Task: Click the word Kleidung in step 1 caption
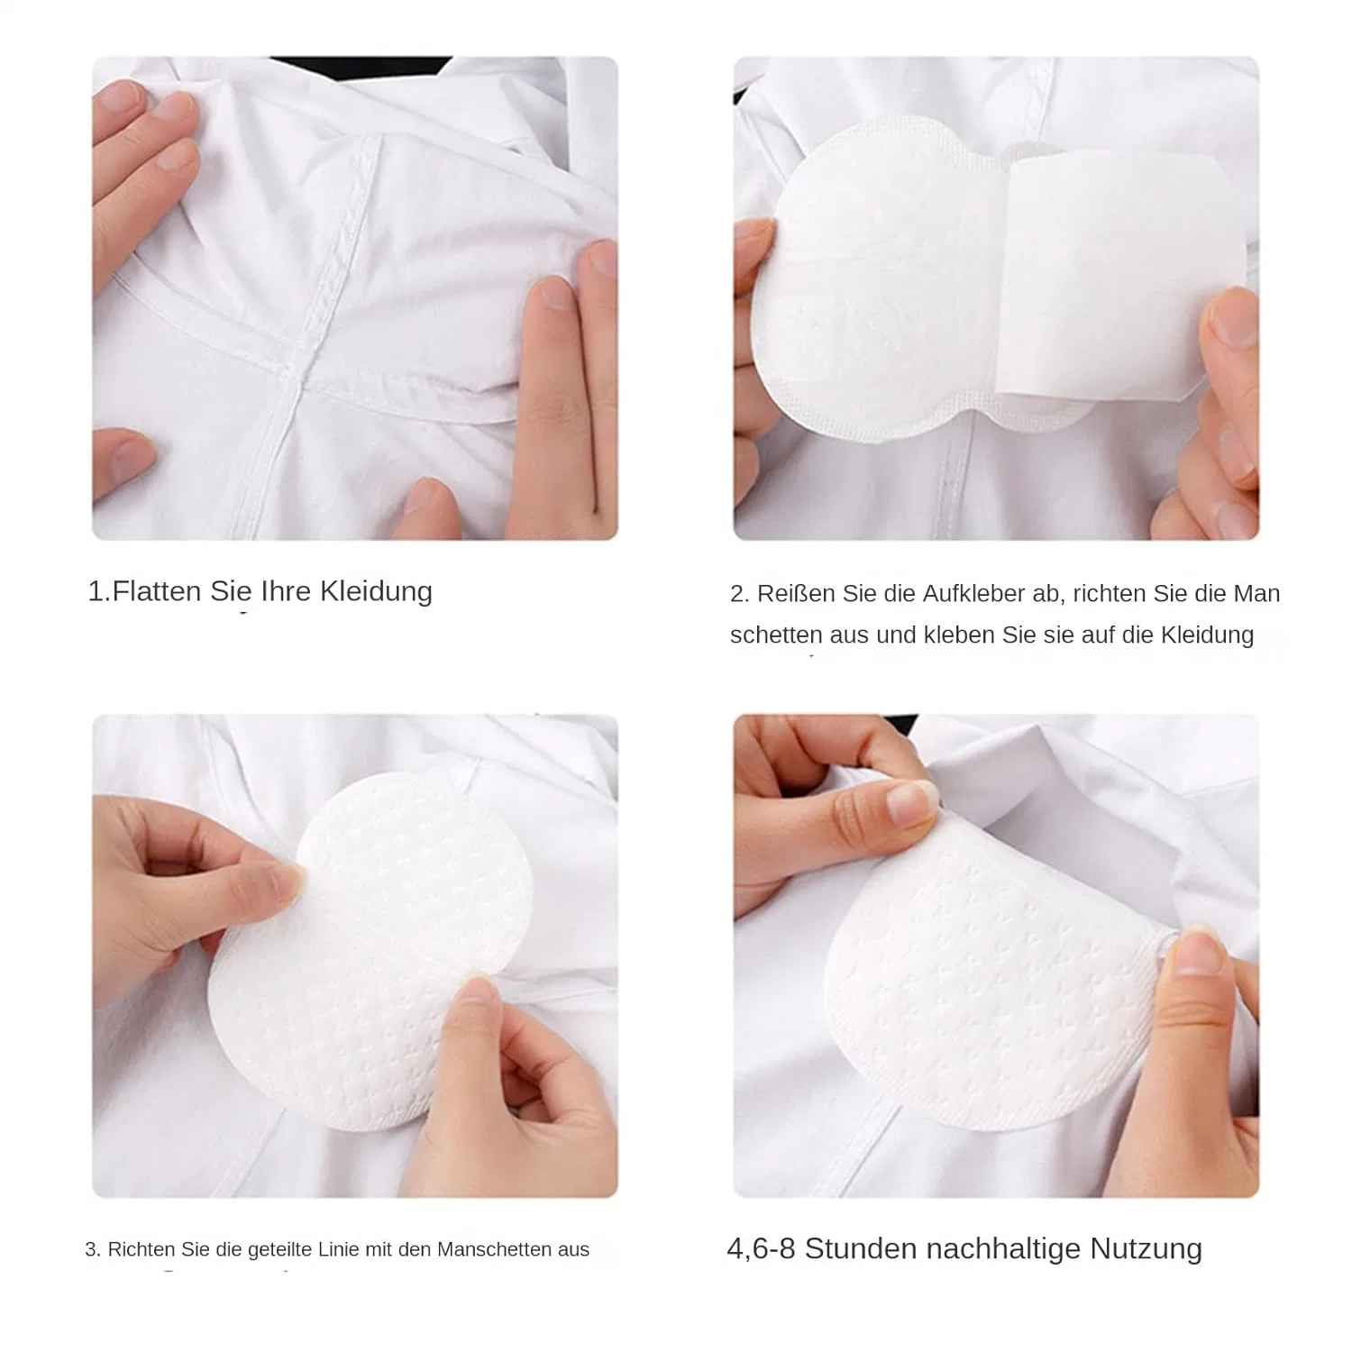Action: [377, 592]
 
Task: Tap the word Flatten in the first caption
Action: [158, 591]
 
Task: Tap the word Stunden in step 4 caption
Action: [861, 1249]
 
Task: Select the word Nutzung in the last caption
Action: [1146, 1250]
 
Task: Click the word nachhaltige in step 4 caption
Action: [1003, 1250]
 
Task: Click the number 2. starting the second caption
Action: [739, 594]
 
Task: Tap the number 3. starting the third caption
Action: [93, 1249]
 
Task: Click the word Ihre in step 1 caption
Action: [286, 591]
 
